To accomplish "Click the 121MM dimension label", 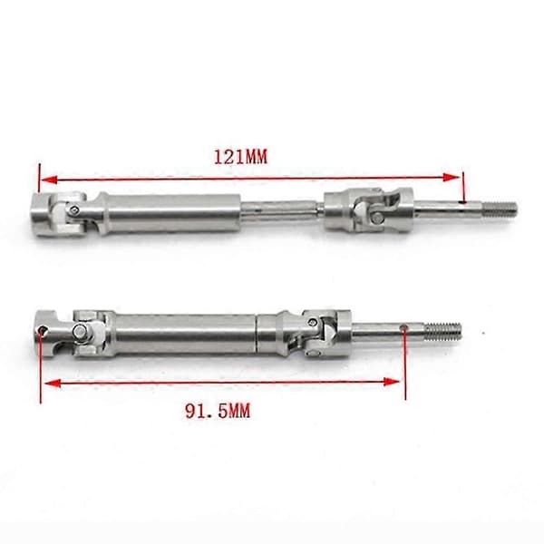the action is [240, 157].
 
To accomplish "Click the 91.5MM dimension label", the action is [218, 412].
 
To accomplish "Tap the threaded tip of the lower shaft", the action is [443, 330].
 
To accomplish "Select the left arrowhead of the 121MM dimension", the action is [49, 180].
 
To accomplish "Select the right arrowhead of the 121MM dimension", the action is [452, 178].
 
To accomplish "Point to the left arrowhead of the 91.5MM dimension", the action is [53, 384].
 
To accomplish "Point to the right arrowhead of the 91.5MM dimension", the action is [392, 382].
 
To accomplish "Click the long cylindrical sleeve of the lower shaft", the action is [185, 334].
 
